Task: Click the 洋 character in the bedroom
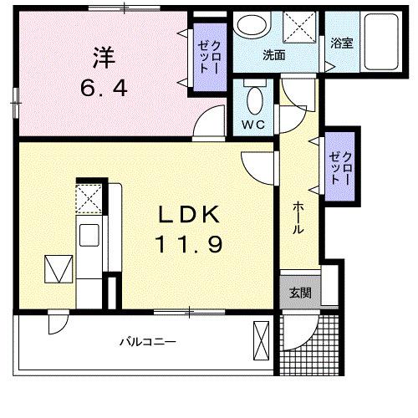(103, 59)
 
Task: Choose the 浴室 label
(341, 43)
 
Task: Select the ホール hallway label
(298, 219)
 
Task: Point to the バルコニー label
(146, 342)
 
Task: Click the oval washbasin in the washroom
(248, 26)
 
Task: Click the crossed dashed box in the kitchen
(89, 200)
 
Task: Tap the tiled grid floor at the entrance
(310, 346)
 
